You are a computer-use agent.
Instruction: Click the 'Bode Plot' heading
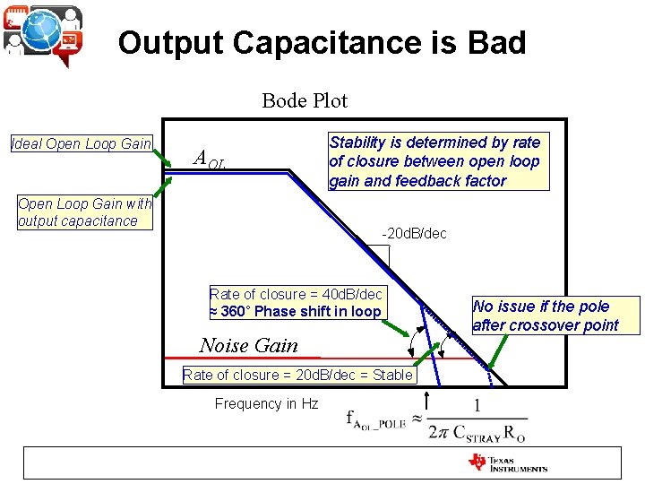tap(305, 100)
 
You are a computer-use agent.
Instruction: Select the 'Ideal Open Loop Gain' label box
tap(82, 143)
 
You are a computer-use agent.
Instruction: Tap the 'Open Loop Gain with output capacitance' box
tap(85, 212)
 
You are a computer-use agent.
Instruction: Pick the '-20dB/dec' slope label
tap(414, 234)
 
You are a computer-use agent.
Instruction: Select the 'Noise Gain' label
tap(249, 345)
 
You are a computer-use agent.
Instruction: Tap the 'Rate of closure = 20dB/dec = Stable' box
tap(298, 375)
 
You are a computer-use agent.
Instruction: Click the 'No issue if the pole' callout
tap(555, 315)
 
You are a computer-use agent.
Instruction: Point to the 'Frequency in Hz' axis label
tap(266, 403)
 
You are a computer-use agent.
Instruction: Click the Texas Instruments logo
tap(507, 462)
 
